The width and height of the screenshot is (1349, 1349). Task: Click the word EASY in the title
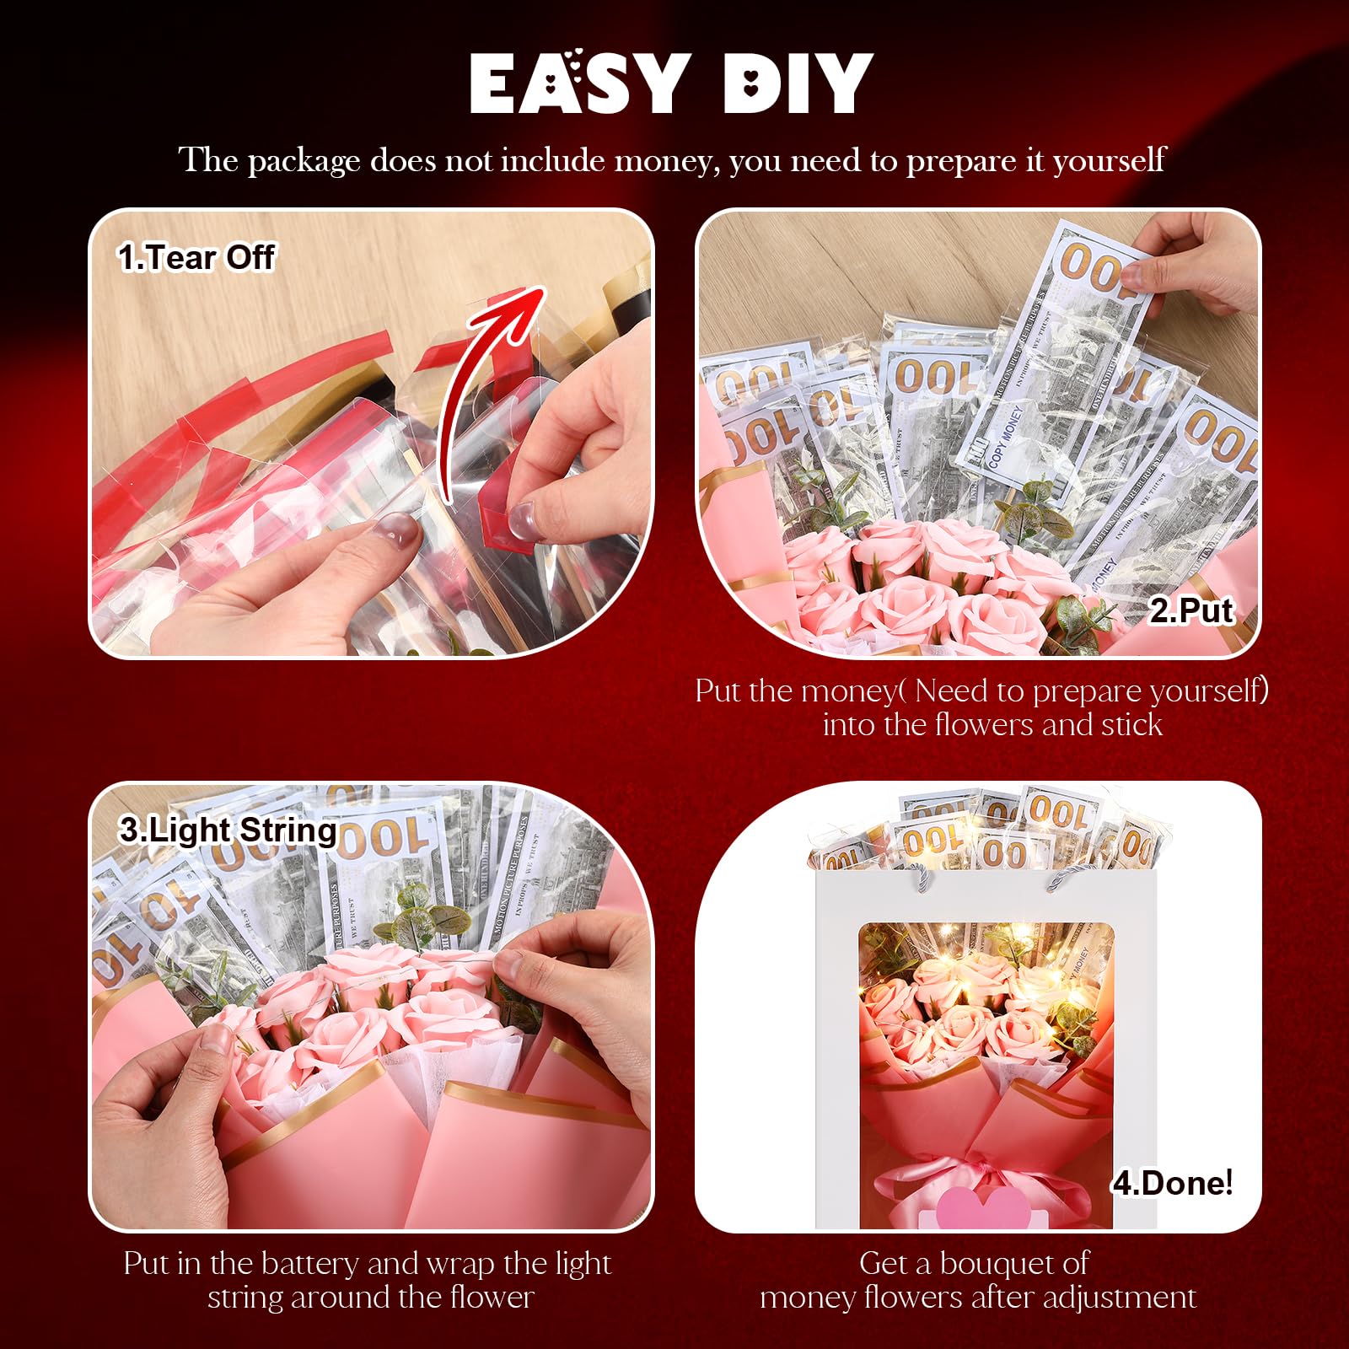(x=577, y=83)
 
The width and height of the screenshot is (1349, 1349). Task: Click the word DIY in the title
(x=798, y=83)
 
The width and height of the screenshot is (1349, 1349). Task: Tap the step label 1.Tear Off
(x=196, y=257)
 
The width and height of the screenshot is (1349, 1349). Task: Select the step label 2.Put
(x=1190, y=610)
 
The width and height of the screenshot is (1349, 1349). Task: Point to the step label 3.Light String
(x=228, y=830)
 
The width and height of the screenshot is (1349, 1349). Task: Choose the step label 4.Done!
(x=1172, y=1183)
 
